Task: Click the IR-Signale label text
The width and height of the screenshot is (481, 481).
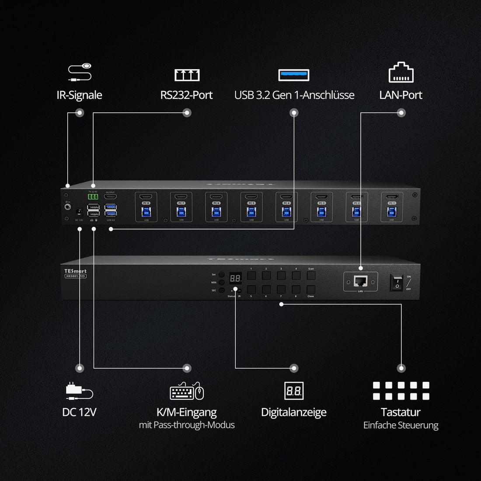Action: [79, 95]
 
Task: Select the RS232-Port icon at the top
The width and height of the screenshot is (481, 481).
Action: [187, 75]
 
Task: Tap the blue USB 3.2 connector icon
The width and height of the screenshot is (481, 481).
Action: [294, 75]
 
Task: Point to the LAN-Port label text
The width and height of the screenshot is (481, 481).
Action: [401, 95]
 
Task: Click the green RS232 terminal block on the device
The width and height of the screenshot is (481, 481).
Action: [93, 197]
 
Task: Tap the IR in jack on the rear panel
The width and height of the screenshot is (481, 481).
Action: [68, 206]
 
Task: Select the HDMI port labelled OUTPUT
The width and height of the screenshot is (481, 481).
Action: [110, 197]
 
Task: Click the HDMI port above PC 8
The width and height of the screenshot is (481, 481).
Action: [146, 197]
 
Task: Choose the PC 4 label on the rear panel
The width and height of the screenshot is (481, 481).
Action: [286, 203]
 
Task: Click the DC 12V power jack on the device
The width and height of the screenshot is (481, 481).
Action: [79, 212]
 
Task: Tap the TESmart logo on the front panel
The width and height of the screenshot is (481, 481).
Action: [75, 271]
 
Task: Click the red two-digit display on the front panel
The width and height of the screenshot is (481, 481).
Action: [235, 278]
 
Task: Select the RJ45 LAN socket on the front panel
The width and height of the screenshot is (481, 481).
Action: [360, 281]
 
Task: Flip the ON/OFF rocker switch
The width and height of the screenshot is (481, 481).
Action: [397, 282]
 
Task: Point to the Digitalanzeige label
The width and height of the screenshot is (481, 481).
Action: [293, 412]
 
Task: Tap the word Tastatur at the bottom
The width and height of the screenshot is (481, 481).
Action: [401, 412]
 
